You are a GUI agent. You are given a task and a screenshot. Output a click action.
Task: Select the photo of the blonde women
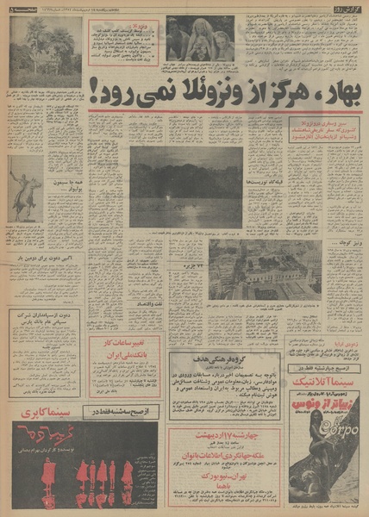[x=199, y=39]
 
